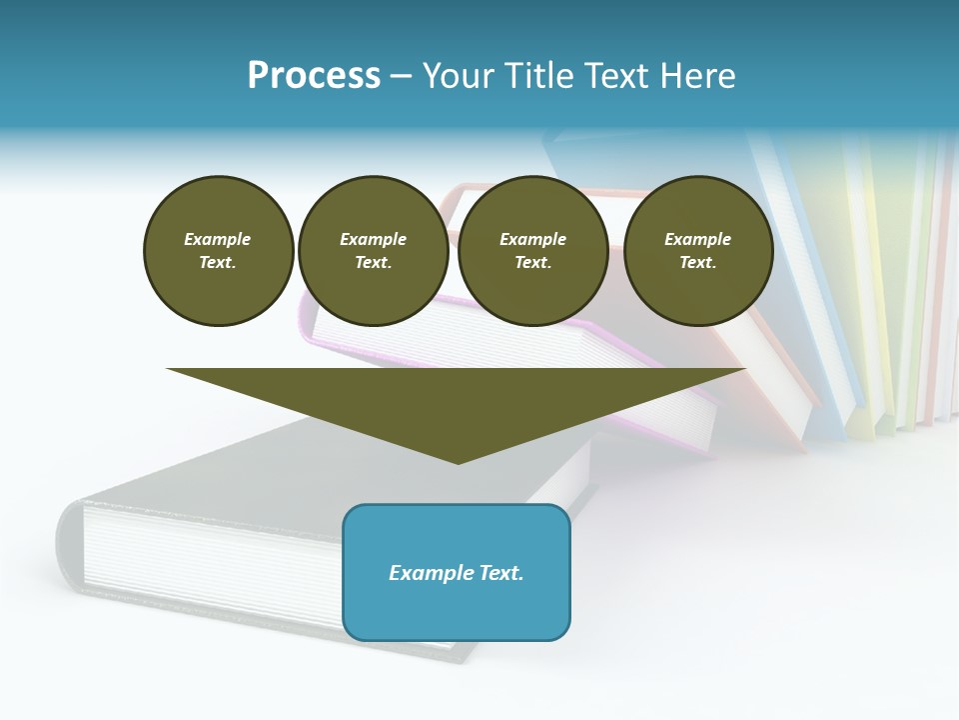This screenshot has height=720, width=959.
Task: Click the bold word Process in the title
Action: coord(314,76)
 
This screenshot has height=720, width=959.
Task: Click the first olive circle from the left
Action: coord(218,250)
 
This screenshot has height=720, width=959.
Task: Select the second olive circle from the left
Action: coord(373,250)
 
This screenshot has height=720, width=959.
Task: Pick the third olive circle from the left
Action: coord(532,250)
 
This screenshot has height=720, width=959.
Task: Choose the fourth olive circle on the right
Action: coord(697,250)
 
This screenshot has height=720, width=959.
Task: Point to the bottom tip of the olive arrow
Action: coord(458,462)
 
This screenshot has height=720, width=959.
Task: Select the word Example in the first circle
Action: coord(218,239)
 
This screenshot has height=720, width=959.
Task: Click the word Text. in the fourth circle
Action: coord(697,262)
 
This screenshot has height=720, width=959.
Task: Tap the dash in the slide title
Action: coord(401,76)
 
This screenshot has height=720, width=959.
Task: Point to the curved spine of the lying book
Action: coord(68,545)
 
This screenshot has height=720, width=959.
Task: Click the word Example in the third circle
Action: coord(532,239)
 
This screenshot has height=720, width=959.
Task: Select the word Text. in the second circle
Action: coord(373,262)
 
